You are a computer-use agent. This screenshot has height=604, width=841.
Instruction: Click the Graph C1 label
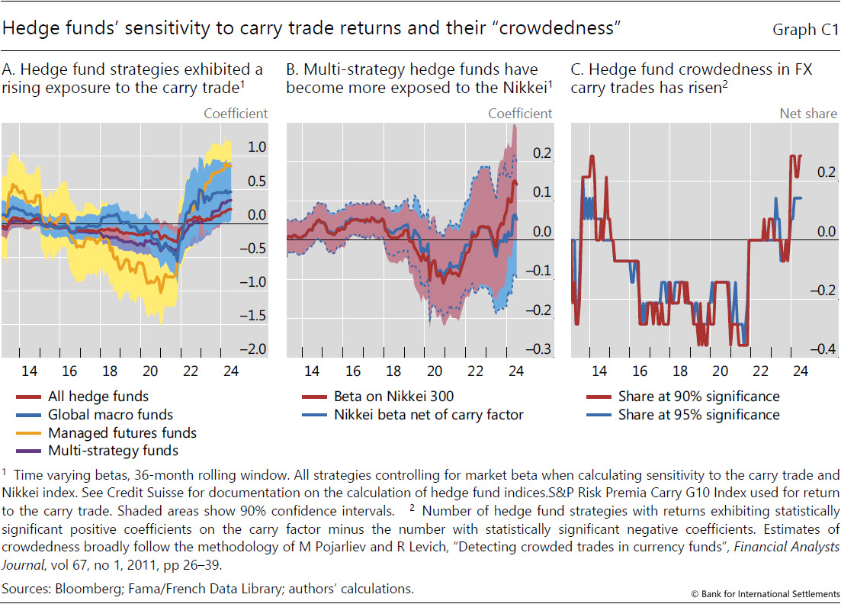coord(805,31)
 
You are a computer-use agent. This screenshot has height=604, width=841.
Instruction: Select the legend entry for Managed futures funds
coord(122,433)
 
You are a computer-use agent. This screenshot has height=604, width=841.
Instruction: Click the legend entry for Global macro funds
coord(111,415)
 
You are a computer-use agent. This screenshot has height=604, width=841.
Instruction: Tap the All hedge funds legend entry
coord(98,397)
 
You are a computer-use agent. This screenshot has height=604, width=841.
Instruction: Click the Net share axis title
coord(807,114)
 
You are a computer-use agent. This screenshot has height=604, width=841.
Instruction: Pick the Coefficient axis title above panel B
coord(520,114)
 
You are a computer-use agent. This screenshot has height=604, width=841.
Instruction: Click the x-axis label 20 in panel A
coord(150,371)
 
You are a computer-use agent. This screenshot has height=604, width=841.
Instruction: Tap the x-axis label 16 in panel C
coord(640,371)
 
